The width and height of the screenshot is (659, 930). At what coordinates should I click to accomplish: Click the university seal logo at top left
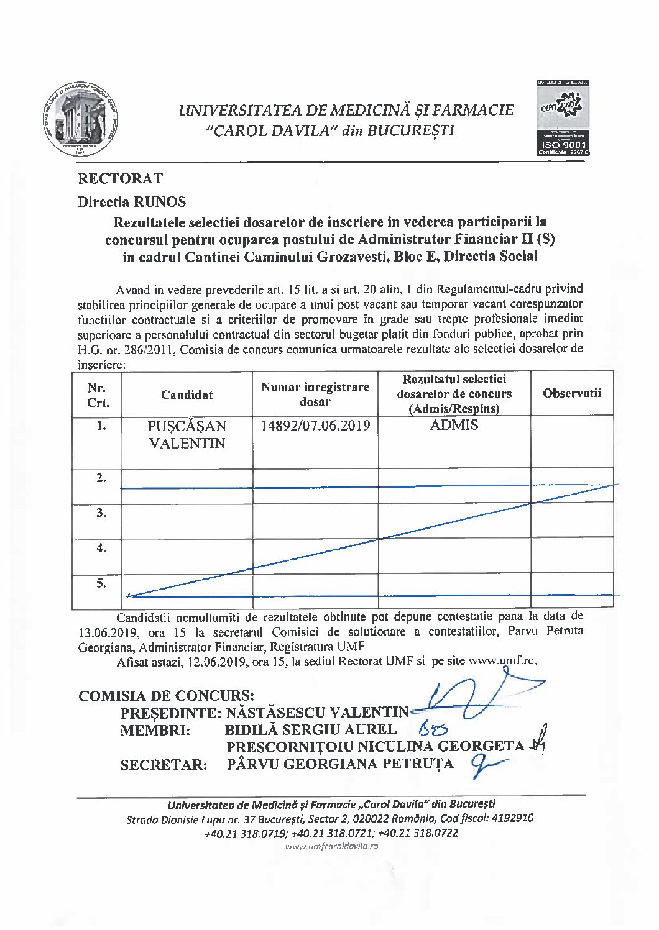[x=80, y=118]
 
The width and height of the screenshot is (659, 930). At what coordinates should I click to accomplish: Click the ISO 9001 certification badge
[x=563, y=117]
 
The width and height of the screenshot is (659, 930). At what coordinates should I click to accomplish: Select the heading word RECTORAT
[x=120, y=179]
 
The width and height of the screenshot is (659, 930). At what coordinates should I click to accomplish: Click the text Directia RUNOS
[x=132, y=202]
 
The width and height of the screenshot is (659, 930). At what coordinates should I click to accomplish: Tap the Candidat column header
[x=187, y=395]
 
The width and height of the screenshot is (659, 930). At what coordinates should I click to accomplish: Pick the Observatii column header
[x=572, y=393]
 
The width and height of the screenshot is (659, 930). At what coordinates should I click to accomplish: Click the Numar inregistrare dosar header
[x=315, y=394]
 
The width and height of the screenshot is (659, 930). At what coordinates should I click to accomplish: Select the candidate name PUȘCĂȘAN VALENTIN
[x=187, y=435]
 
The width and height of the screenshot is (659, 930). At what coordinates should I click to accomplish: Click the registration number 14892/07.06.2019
[x=315, y=426]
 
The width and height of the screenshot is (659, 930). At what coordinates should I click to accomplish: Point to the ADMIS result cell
[x=454, y=425]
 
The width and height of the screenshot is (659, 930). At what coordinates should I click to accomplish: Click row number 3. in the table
[x=101, y=513]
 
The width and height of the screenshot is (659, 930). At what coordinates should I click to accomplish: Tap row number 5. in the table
[x=101, y=584]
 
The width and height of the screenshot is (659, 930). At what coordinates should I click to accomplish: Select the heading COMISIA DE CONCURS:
[x=166, y=696]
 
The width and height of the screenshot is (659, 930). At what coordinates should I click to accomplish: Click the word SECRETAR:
[x=164, y=765]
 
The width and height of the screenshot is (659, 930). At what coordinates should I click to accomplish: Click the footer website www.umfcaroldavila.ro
[x=331, y=846]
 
